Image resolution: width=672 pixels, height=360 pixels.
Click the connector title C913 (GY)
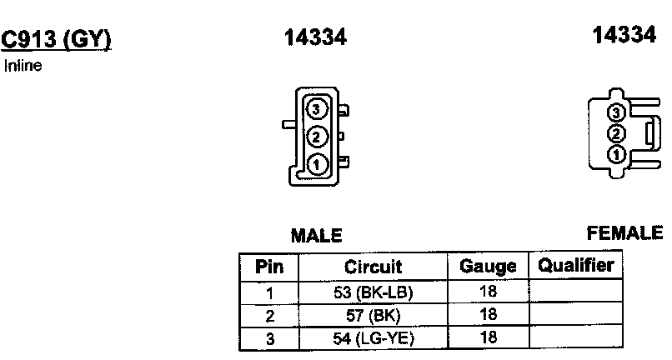click(56, 40)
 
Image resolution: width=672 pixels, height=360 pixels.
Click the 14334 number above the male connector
click(314, 37)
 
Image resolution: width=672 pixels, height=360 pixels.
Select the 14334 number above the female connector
click(623, 35)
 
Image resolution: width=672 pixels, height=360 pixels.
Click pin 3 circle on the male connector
click(316, 109)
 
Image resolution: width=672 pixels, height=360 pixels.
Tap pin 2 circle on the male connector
click(316, 137)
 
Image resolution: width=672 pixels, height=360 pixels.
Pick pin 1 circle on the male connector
click(316, 165)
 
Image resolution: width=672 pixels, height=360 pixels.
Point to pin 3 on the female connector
click(616, 113)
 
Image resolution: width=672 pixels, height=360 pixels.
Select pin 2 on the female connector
click(616, 134)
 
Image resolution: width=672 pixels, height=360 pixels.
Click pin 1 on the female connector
click(616, 154)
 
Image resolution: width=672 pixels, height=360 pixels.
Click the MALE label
click(316, 237)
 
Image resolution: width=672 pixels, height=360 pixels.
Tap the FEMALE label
click(624, 233)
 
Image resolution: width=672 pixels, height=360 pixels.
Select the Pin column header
click(269, 267)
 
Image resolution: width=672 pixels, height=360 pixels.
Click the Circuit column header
click(373, 267)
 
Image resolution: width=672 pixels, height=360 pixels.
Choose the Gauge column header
click(488, 267)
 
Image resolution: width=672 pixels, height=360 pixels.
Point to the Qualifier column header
click(576, 266)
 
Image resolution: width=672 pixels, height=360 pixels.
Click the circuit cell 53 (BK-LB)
click(373, 292)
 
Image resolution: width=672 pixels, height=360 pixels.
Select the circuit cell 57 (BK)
click(373, 315)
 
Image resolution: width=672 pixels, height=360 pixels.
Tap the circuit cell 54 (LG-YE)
click(373, 337)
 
